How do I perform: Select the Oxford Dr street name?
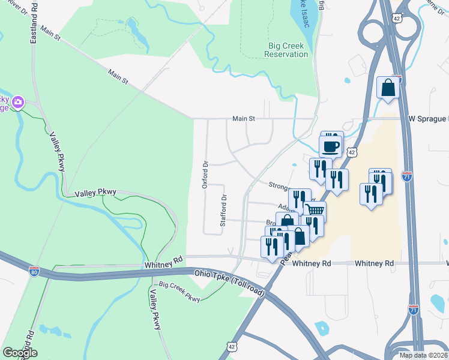[205, 175]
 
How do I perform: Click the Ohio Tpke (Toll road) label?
[229, 282]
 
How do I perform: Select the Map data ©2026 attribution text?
[423, 355]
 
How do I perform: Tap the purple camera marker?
[18, 102]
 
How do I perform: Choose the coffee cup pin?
[330, 146]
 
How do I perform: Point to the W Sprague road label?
[428, 119]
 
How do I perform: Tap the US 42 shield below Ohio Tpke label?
[233, 347]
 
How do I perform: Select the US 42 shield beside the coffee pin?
[352, 153]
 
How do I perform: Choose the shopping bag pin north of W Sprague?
[388, 88]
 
